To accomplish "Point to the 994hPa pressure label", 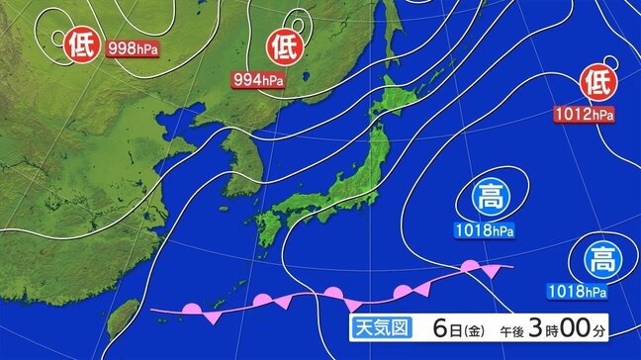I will point(258,78).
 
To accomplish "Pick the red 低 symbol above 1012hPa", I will point(597,79).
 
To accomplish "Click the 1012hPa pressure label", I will point(584,115).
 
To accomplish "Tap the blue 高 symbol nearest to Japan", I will point(489,196).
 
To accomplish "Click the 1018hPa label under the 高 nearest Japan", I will point(484,232).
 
